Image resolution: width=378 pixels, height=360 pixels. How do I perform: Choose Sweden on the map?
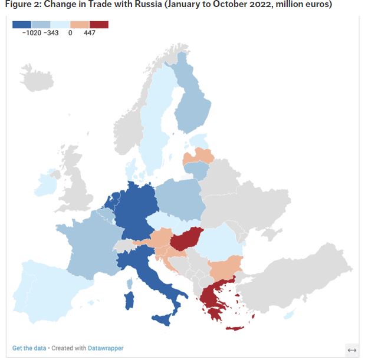155,130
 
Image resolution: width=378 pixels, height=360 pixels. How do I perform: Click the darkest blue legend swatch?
22,25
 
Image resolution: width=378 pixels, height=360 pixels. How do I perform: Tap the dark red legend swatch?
99,25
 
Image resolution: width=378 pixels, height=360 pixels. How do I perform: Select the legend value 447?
89,33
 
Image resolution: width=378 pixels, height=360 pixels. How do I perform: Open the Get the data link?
29,348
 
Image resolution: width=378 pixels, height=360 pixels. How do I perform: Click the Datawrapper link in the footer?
106,348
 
